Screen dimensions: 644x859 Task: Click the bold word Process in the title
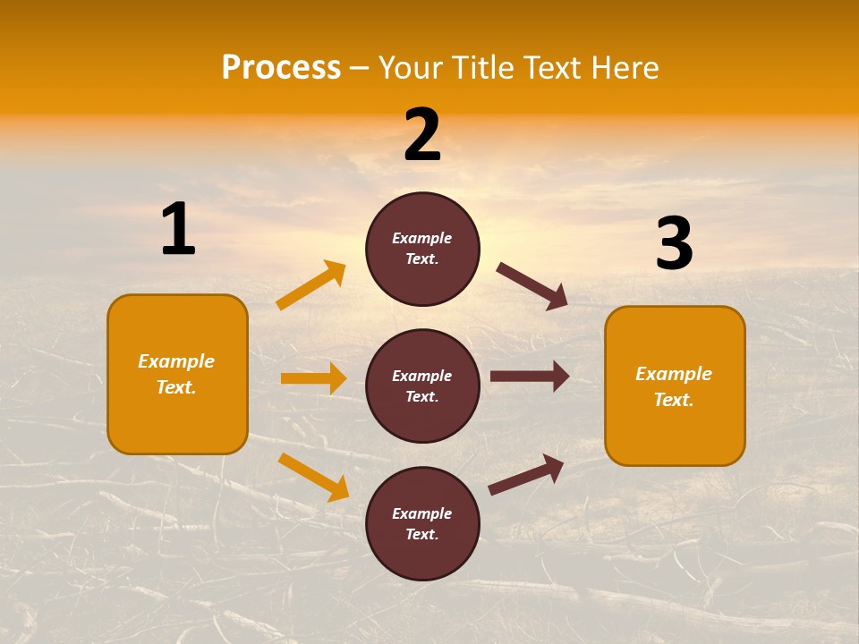click(281, 68)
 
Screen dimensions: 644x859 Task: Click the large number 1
click(178, 230)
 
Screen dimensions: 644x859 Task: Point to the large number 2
click(422, 136)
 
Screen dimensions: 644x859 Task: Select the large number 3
click(674, 244)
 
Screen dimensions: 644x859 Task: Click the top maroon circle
click(422, 249)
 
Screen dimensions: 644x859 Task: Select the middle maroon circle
click(422, 386)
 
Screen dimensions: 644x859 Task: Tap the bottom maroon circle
click(422, 523)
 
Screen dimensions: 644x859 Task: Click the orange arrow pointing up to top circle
click(311, 285)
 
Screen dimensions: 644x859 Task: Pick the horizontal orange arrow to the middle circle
click(313, 378)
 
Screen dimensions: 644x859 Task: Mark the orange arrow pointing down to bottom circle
click(313, 477)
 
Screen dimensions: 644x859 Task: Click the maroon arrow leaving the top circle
click(532, 286)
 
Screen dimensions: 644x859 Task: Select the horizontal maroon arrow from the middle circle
click(529, 377)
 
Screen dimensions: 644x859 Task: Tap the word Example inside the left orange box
click(176, 361)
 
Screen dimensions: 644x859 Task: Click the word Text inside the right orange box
click(673, 400)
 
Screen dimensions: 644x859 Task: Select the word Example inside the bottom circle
click(421, 513)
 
